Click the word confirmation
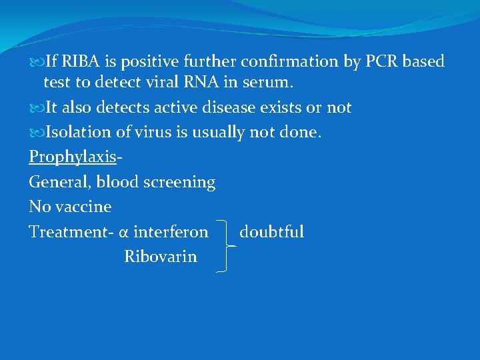pyautogui.click(x=289, y=62)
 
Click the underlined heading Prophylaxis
pyautogui.click(x=72, y=157)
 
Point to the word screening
pyautogui.click(x=182, y=182)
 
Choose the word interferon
pyautogui.click(x=171, y=232)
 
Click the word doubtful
pyautogui.click(x=271, y=232)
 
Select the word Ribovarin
pyautogui.click(x=161, y=257)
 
